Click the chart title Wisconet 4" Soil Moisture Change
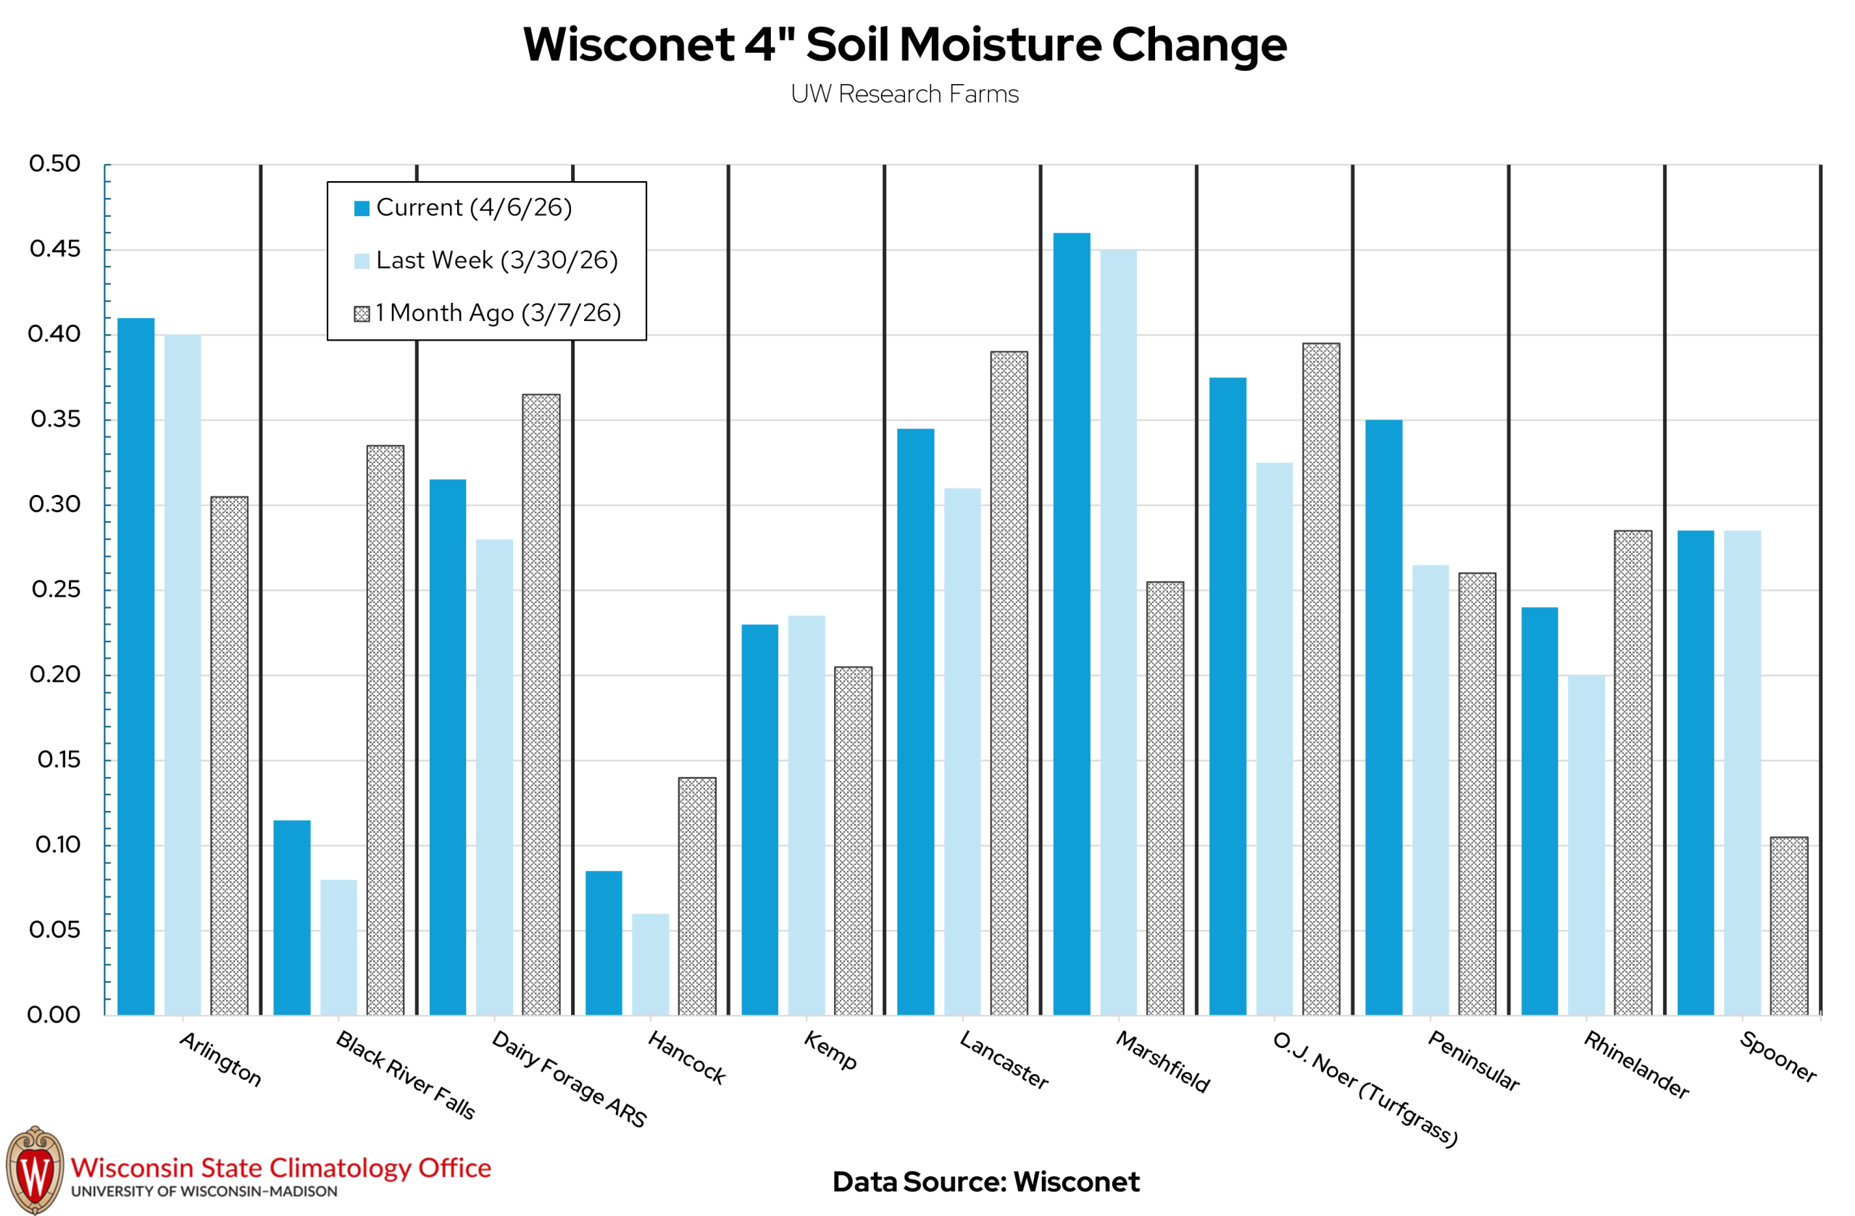click(904, 44)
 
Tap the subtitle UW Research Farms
click(904, 94)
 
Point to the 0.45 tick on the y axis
click(55, 249)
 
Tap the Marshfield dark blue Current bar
click(1072, 624)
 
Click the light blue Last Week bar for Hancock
click(650, 965)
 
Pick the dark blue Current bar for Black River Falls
click(291, 917)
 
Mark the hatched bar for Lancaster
click(1009, 683)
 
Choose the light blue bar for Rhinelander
click(1586, 845)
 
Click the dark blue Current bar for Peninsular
click(1383, 717)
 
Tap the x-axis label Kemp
click(830, 1051)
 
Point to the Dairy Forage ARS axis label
click(569, 1080)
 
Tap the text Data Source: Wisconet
click(985, 1182)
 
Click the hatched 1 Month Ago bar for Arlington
click(229, 756)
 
